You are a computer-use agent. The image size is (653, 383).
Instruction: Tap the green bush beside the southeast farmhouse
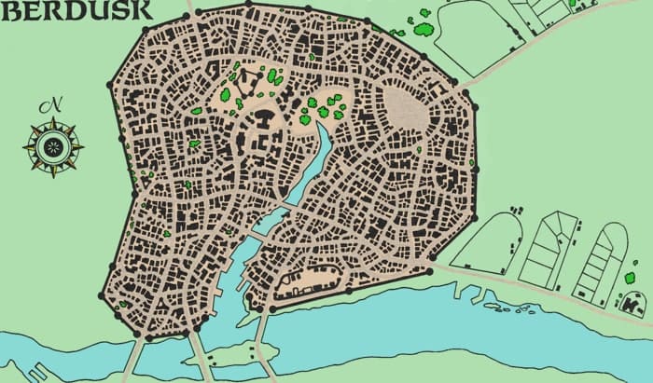(x=630, y=278)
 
